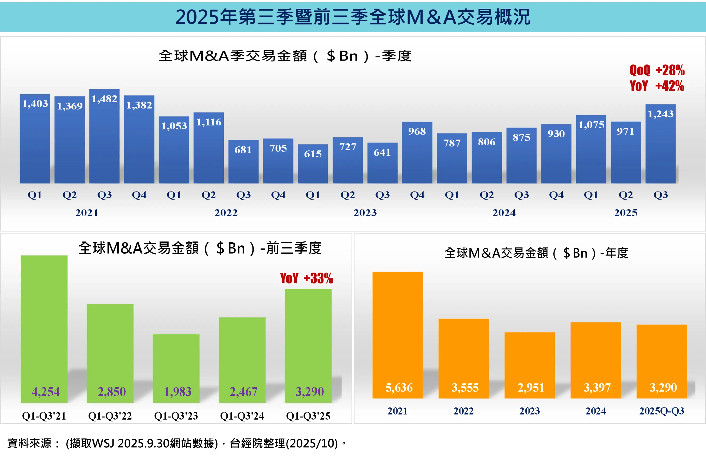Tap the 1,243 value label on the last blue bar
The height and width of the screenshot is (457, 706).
click(661, 114)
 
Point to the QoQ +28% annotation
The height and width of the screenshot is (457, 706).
click(657, 71)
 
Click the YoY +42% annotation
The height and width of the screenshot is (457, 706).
click(657, 86)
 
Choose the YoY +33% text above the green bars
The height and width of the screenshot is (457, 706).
click(307, 278)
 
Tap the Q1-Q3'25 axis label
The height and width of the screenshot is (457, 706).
click(308, 416)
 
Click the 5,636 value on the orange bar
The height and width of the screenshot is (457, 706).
click(399, 388)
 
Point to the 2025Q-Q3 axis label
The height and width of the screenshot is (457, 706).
click(662, 411)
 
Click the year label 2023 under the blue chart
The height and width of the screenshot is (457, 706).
click(365, 213)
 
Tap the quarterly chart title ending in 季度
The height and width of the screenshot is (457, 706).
click(285, 56)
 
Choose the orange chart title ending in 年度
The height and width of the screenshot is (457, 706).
click(536, 253)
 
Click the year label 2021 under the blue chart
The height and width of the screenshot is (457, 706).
click(87, 213)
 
